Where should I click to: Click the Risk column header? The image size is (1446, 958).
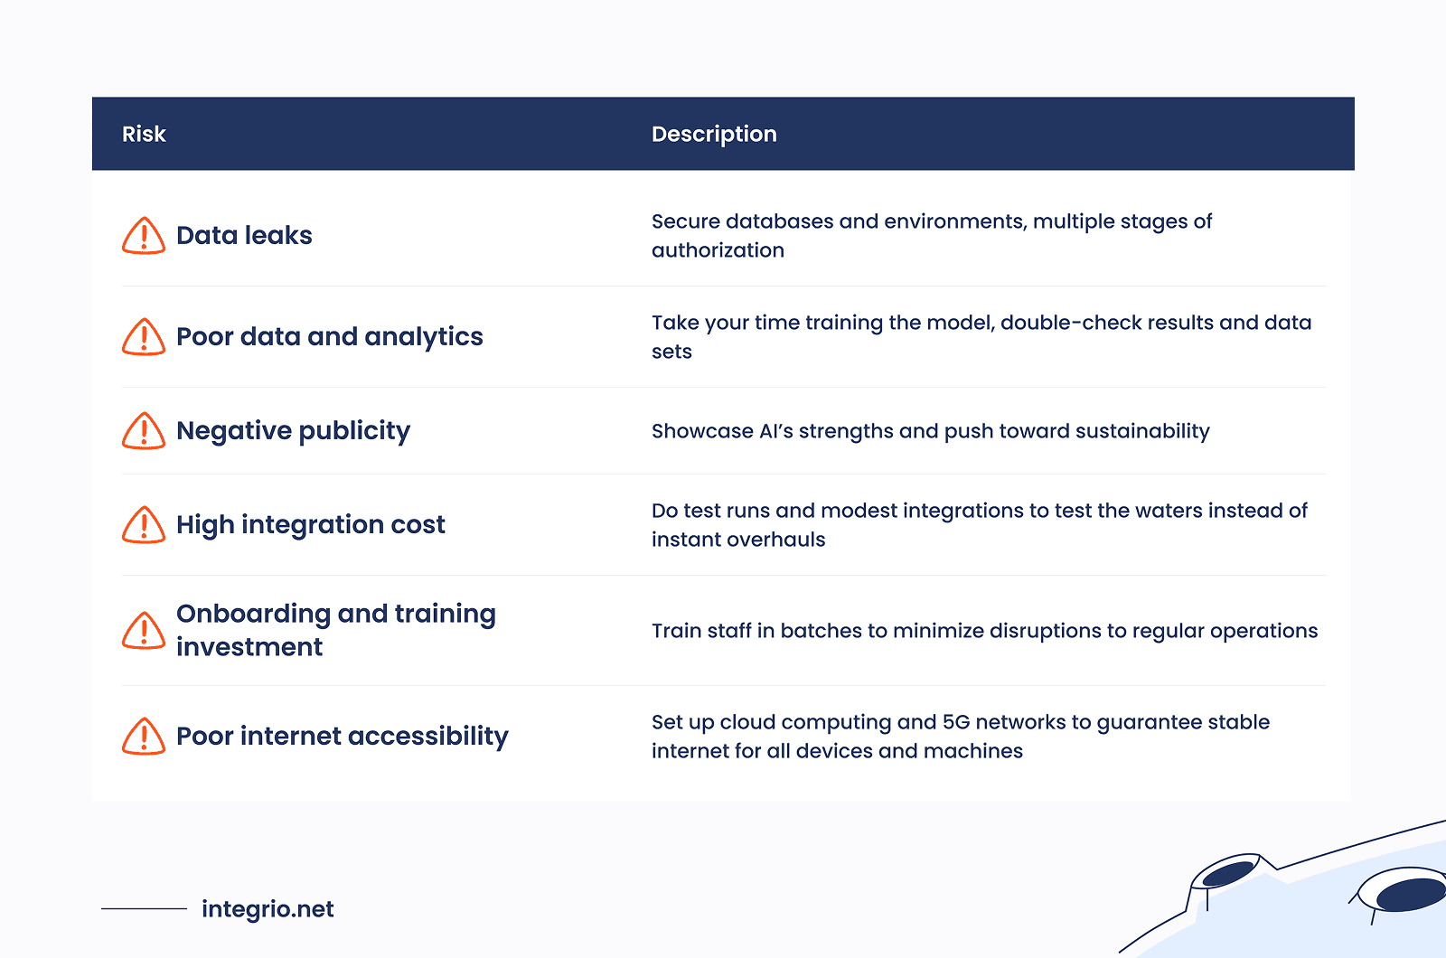[x=144, y=134]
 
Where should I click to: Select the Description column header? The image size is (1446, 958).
[x=714, y=135]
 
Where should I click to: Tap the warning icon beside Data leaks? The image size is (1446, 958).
[x=144, y=236]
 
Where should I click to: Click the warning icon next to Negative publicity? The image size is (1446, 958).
[x=144, y=430]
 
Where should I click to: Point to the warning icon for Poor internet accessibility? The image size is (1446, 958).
[x=144, y=736]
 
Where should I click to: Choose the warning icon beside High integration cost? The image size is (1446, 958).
[x=144, y=525]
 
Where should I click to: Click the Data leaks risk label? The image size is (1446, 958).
[x=244, y=236]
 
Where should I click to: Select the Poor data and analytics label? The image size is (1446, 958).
[x=329, y=337]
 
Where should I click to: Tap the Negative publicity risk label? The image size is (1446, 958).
[x=293, y=431]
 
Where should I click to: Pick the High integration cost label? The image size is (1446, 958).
[x=311, y=525]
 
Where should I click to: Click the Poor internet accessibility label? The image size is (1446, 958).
[x=343, y=736]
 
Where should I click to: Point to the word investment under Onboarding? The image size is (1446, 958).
[x=249, y=647]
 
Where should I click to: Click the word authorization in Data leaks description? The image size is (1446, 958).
[x=718, y=250]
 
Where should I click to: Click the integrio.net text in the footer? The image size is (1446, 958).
[x=268, y=909]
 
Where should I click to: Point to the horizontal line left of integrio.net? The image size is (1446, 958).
[x=144, y=909]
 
